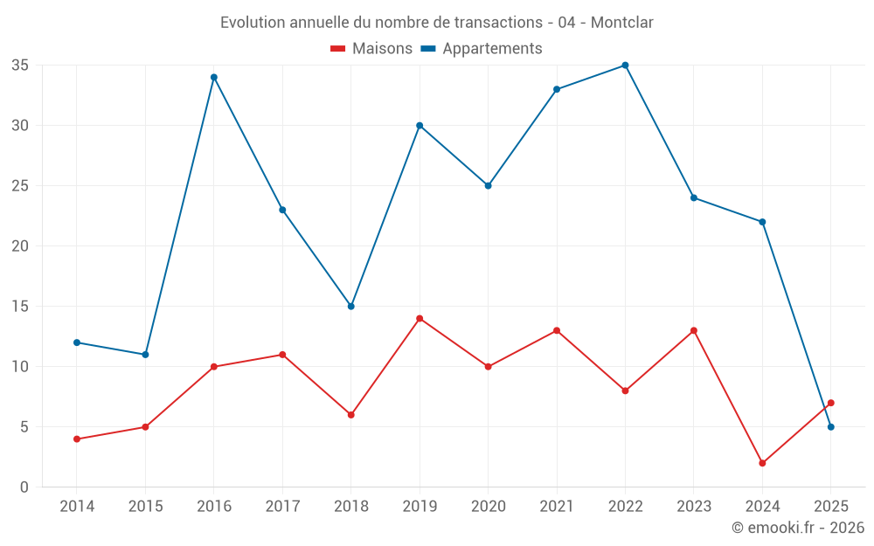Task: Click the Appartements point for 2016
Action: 213,77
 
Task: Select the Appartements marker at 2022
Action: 625,66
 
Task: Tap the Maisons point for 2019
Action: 420,318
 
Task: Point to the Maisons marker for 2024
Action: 762,463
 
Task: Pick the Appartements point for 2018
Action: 351,306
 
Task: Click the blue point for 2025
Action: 830,426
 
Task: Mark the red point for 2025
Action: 830,403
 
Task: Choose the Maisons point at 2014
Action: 77,439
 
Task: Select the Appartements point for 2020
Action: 488,185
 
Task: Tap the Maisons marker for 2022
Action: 625,390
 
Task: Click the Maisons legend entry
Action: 371,49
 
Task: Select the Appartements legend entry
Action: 482,49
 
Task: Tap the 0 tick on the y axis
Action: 24,487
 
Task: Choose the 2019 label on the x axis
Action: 420,507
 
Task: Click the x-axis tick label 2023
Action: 694,507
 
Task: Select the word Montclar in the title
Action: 621,23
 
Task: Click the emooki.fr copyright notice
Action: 797,528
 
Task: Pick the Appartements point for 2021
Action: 557,89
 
